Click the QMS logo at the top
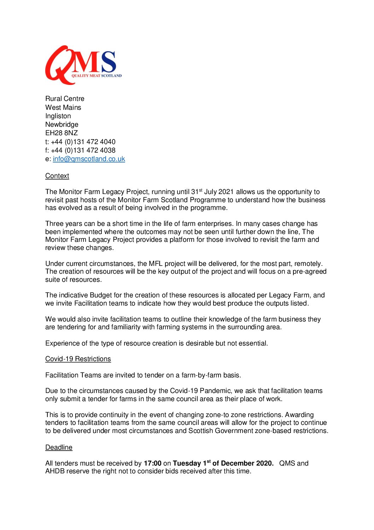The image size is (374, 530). click(x=83, y=65)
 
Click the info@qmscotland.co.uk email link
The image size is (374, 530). click(x=89, y=159)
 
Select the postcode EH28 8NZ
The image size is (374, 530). click(x=62, y=133)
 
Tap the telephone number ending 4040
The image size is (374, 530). click(x=83, y=142)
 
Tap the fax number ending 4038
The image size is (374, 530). click(x=83, y=150)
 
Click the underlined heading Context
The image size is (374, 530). click(x=57, y=176)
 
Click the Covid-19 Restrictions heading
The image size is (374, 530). click(x=78, y=359)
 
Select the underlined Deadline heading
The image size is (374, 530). click(x=59, y=448)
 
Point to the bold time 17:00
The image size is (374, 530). click(x=152, y=463)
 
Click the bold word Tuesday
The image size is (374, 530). click(x=187, y=463)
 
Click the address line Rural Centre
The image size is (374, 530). click(x=65, y=99)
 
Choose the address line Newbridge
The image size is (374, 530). click(x=62, y=125)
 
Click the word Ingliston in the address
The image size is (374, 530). click(x=58, y=116)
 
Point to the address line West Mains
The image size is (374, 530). click(x=63, y=107)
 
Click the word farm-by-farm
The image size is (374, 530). click(x=198, y=375)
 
